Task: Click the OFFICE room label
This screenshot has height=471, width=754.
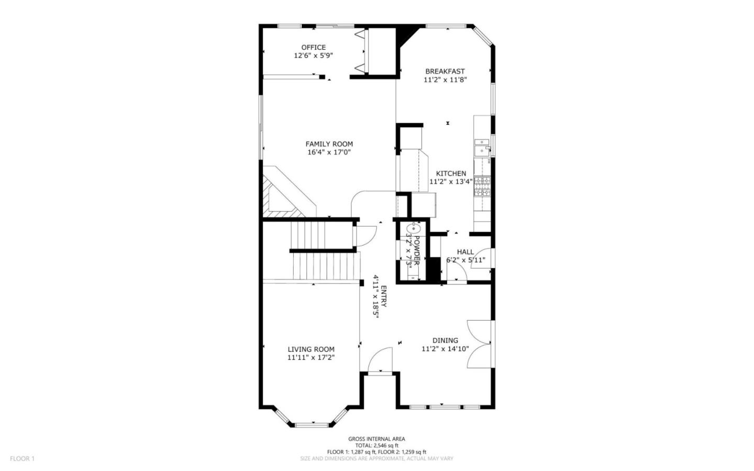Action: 313,47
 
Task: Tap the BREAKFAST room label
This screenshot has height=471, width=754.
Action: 445,71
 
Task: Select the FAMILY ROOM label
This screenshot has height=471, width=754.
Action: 329,144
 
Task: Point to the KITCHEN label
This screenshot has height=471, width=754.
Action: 451,173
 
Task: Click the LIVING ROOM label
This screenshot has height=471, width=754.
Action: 311,349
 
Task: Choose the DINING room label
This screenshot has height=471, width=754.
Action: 445,341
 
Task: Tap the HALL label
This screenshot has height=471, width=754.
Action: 465,252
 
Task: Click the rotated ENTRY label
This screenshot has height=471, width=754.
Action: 383,297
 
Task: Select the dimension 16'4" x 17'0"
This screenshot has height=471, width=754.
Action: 329,152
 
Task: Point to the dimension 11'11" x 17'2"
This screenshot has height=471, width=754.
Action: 311,358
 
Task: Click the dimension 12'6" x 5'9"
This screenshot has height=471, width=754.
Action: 313,55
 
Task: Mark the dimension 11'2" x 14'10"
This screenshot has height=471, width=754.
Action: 445,349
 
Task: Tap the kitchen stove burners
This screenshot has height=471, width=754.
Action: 482,186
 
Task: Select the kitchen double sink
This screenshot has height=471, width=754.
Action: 481,147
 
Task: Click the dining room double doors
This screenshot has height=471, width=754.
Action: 479,343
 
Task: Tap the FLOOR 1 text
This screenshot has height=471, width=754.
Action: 22,458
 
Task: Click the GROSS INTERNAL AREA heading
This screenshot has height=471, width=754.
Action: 376,439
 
